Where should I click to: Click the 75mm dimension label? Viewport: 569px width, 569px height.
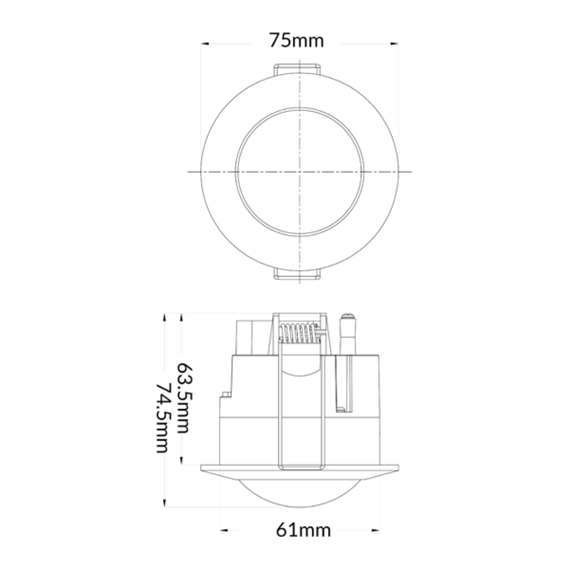[296, 40]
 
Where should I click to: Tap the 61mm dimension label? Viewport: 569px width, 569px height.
[303, 530]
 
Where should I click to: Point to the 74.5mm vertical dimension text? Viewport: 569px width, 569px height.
[163, 418]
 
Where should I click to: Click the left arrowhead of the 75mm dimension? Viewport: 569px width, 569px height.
[205, 44]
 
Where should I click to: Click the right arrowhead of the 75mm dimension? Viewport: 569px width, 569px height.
[395, 44]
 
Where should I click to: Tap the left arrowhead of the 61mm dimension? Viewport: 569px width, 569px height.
[224, 530]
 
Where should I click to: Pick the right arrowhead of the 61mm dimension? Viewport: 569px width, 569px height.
[376, 530]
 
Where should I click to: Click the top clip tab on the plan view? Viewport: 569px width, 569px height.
[297, 69]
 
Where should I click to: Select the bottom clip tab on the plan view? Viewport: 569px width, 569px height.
[297, 274]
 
